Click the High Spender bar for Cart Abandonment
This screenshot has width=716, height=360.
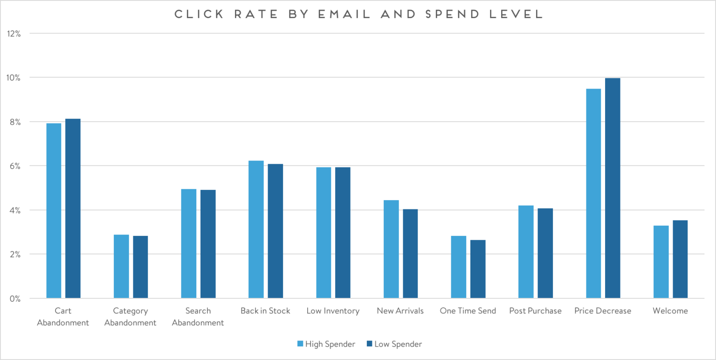click(x=54, y=211)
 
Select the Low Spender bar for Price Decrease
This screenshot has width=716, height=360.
click(x=613, y=188)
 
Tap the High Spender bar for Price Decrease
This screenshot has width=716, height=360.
click(x=593, y=194)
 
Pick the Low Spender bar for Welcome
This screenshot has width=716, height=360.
click(x=680, y=259)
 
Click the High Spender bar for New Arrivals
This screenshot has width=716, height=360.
click(x=391, y=249)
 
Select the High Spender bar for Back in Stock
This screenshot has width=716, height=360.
click(x=256, y=229)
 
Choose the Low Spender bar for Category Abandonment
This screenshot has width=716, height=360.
click(x=140, y=267)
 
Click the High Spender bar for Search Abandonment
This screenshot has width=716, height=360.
click(x=189, y=243)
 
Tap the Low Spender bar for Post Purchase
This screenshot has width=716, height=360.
click(x=545, y=253)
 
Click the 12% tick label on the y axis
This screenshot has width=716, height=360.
click(x=13, y=34)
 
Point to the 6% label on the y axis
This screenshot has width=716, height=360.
click(x=14, y=166)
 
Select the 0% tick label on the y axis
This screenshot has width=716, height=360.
click(x=14, y=298)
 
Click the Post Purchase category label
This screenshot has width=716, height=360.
click(x=535, y=311)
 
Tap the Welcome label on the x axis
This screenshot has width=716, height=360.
click(x=670, y=311)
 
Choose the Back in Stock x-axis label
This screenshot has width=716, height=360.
click(x=265, y=311)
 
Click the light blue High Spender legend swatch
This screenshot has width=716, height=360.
click(x=301, y=344)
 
